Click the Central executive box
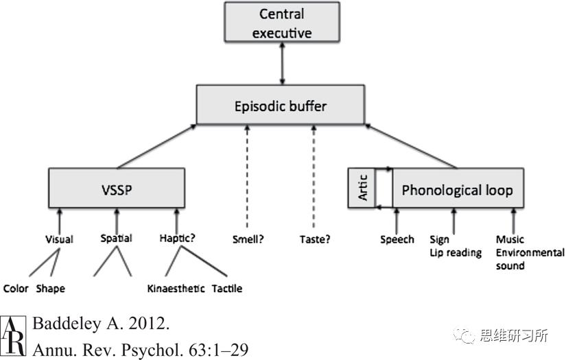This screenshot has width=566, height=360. [281, 23]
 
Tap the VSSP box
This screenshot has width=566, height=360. [117, 187]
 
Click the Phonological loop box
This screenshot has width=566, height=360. [457, 190]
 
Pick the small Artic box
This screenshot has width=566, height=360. [364, 188]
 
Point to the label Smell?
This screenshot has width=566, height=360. [249, 239]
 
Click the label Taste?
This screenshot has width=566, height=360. [316, 239]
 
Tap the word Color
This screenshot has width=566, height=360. [16, 289]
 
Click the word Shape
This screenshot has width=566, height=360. [50, 289]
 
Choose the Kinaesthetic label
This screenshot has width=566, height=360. [176, 289]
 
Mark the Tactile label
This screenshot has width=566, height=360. [227, 289]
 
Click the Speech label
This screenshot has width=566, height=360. [397, 239]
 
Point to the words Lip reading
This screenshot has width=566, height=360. [456, 253]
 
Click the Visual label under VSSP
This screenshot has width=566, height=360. [59, 239]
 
